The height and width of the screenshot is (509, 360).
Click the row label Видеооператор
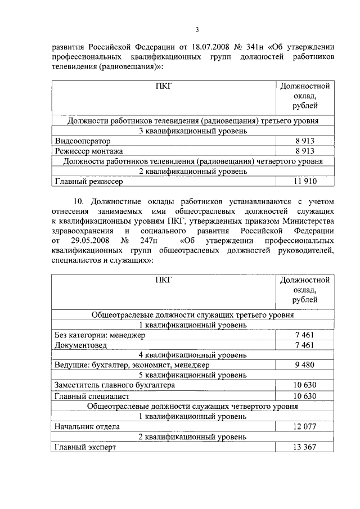click(83, 141)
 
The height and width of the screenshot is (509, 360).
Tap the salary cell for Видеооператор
click(304, 141)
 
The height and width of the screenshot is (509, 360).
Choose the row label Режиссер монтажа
click(89, 151)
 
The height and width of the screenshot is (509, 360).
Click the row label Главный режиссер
click(89, 181)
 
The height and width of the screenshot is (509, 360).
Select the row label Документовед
click(80, 345)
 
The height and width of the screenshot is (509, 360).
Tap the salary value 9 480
click(304, 365)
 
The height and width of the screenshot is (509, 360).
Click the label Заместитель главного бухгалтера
click(114, 385)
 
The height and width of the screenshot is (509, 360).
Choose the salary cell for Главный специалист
click(304, 396)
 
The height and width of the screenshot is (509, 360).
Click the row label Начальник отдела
click(87, 426)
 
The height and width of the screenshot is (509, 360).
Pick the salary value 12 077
click(304, 426)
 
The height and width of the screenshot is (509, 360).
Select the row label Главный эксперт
click(85, 447)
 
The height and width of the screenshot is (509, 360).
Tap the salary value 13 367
click(304, 447)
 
